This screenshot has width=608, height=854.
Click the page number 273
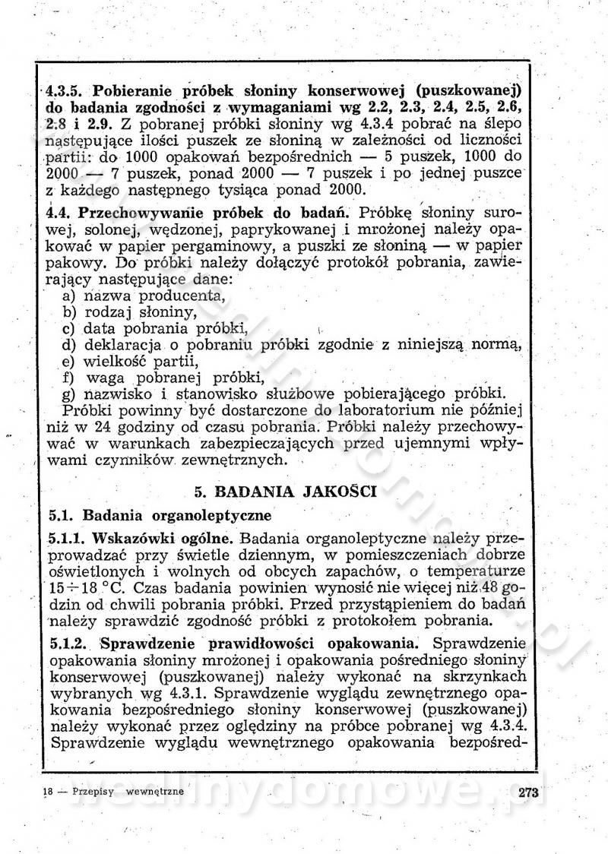pyautogui.click(x=527, y=793)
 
